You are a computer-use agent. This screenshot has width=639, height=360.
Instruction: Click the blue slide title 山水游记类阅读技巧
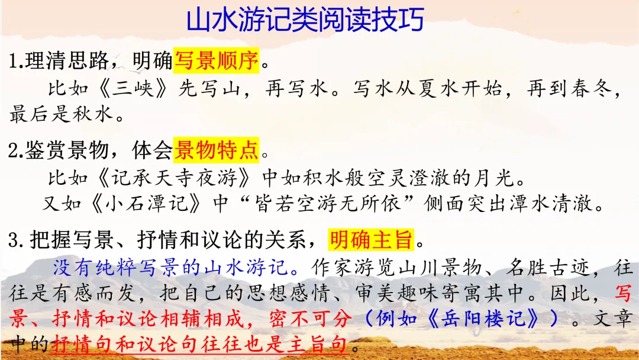[x=305, y=21]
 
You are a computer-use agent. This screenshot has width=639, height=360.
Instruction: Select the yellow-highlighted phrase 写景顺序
[x=216, y=60]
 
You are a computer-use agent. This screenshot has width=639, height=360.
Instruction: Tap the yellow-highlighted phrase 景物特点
[x=216, y=152]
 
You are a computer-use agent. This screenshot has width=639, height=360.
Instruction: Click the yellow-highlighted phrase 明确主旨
[x=371, y=240]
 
